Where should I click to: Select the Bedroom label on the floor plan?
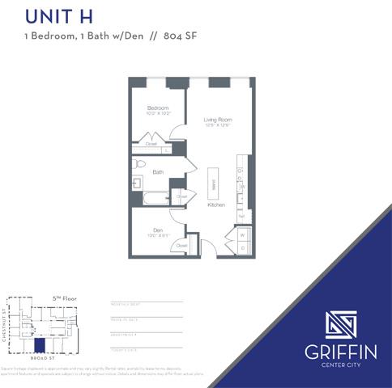pos(158,108)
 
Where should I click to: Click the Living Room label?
pos(217,120)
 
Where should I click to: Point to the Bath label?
pos(158,171)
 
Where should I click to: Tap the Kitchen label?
pos(216,205)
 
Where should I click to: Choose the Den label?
pos(158,230)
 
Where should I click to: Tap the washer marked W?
pos(243,235)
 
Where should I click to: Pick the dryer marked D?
pos(243,247)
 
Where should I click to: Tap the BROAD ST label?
pos(40,359)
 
